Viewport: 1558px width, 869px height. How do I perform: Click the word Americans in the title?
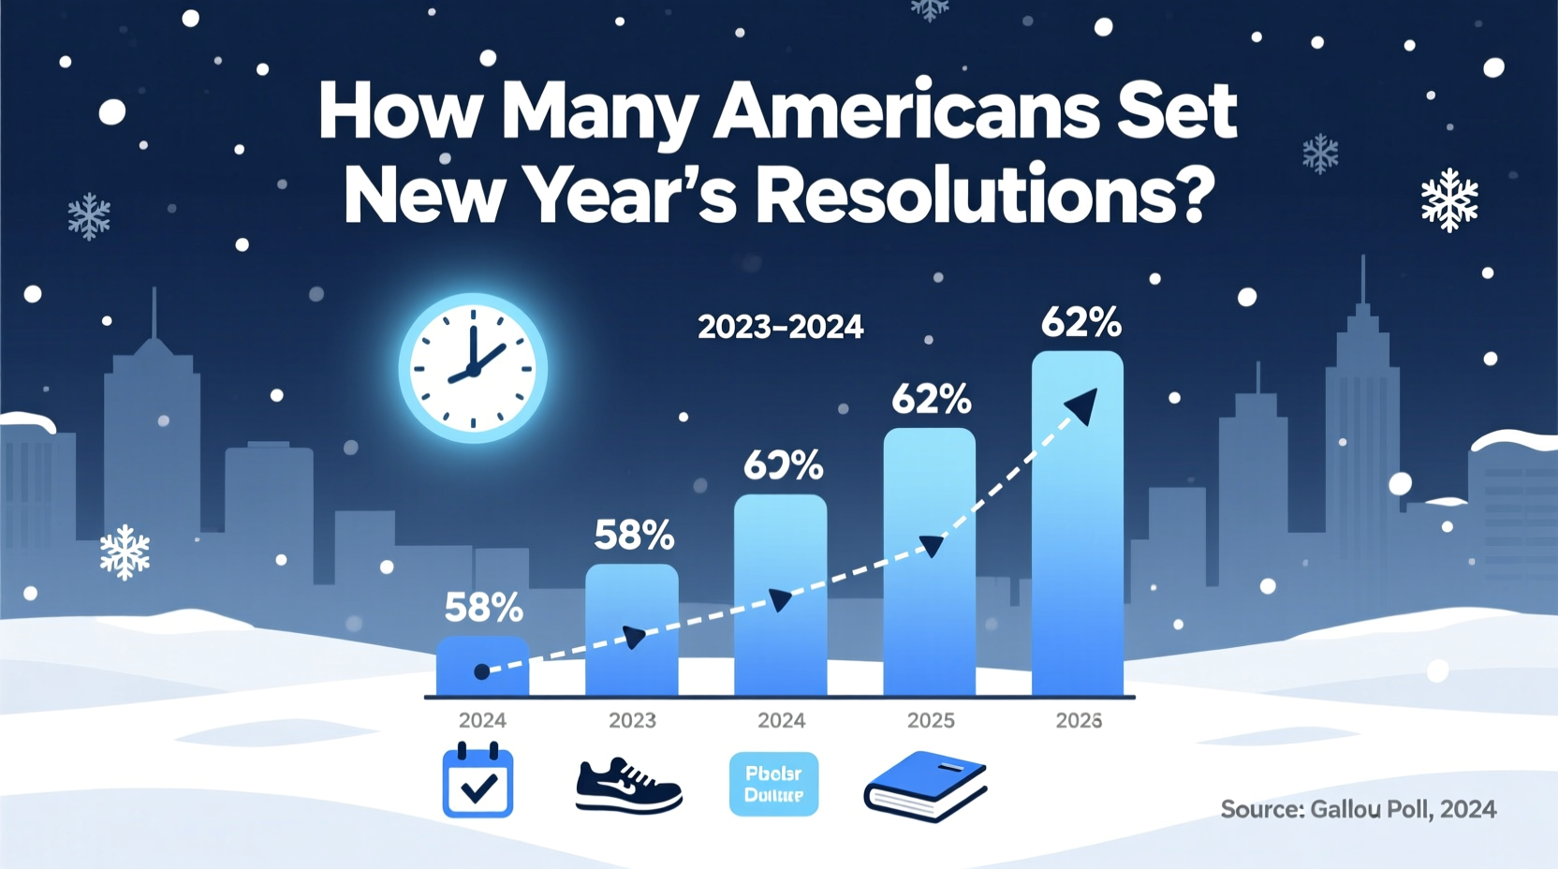click(x=906, y=112)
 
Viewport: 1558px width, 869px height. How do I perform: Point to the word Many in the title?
click(x=599, y=112)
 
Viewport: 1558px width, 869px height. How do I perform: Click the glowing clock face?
click(x=474, y=368)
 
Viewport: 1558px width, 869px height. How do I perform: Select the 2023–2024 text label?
click(x=780, y=327)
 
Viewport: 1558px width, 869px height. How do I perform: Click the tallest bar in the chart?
click(x=1078, y=524)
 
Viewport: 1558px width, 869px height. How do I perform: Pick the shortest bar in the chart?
click(x=482, y=667)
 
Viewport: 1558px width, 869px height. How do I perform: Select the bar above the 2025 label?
click(x=930, y=562)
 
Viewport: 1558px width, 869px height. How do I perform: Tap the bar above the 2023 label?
click(x=632, y=629)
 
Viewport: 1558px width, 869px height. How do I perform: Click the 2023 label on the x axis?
click(x=632, y=720)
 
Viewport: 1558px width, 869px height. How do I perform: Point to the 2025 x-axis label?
click(x=931, y=720)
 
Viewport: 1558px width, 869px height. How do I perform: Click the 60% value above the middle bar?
click(x=784, y=465)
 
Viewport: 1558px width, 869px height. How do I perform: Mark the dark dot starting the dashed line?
click(x=481, y=671)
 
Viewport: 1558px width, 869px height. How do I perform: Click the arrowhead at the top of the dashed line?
click(x=1082, y=406)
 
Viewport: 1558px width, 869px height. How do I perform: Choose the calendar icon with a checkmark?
click(x=478, y=781)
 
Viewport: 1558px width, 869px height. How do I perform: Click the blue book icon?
click(x=925, y=785)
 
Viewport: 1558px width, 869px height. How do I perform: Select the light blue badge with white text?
click(x=773, y=784)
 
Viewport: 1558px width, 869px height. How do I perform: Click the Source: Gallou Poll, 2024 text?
click(x=1358, y=809)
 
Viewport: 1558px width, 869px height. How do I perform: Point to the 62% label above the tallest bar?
click(x=1080, y=324)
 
